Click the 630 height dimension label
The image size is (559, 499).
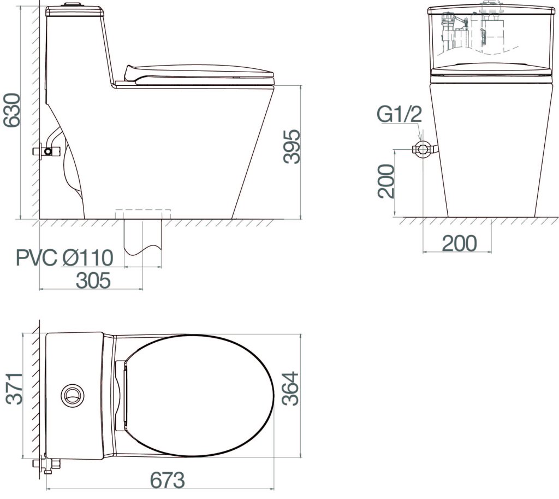(11, 110)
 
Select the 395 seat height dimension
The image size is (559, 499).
(292, 146)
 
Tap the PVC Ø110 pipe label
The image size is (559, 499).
(65, 258)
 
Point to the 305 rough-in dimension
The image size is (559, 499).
(93, 280)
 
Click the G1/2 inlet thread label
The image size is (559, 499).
(399, 115)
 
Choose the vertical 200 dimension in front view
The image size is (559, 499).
(386, 181)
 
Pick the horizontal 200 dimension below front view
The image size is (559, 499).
(459, 243)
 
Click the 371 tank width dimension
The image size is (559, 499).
(15, 389)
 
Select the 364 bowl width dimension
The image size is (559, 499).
(290, 389)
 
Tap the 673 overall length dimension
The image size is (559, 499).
(167, 480)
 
